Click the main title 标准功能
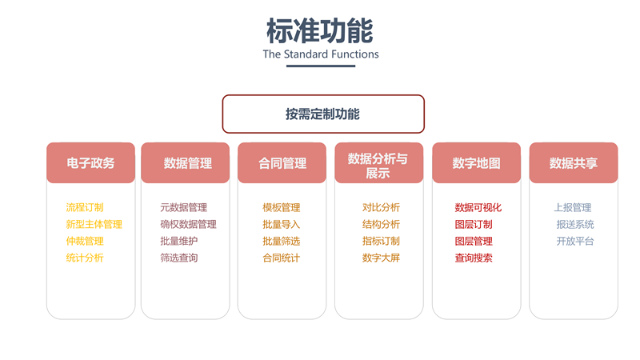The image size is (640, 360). click(x=320, y=30)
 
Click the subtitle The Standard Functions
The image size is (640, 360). click(x=320, y=54)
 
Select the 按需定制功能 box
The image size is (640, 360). click(x=322, y=114)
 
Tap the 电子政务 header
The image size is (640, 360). click(x=90, y=163)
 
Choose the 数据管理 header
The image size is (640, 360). click(x=187, y=163)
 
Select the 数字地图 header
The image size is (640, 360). click(x=476, y=163)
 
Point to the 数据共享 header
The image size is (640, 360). click(x=573, y=163)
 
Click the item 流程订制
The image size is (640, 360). click(x=85, y=208)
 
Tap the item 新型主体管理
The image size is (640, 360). click(x=94, y=225)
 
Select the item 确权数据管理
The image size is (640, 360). click(x=188, y=225)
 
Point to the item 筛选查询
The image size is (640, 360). click(x=178, y=258)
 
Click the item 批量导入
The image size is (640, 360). click(x=281, y=225)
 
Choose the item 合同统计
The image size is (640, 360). click(x=281, y=258)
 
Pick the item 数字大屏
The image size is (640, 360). click(x=381, y=258)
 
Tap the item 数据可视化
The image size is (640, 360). click(x=478, y=208)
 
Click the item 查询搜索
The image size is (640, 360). click(x=474, y=258)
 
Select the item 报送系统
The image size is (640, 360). click(x=575, y=225)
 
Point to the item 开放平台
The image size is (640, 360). click(x=575, y=242)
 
